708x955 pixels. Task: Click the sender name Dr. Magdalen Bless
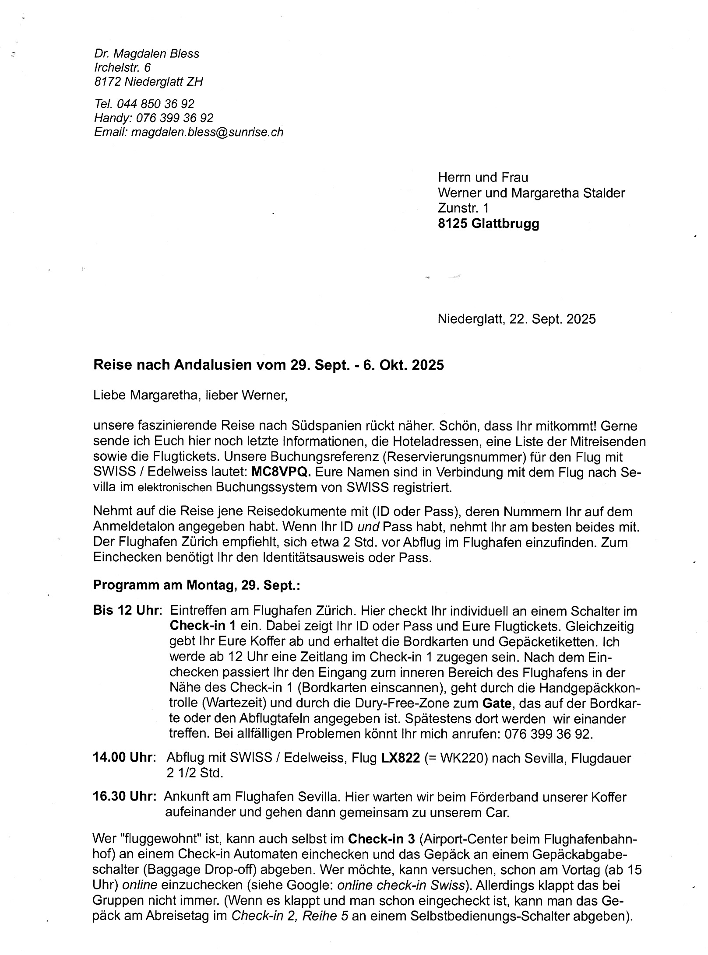147,53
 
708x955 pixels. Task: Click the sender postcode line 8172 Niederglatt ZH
148,81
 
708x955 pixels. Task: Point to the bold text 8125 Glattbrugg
488,224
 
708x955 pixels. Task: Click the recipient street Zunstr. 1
463,208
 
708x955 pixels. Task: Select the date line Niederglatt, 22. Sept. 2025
516,318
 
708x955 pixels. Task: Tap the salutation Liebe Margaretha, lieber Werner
190,395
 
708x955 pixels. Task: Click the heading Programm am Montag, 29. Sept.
197,585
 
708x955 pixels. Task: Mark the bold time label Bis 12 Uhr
125,610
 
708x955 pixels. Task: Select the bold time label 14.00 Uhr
122,757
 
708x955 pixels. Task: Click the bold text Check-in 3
381,839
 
